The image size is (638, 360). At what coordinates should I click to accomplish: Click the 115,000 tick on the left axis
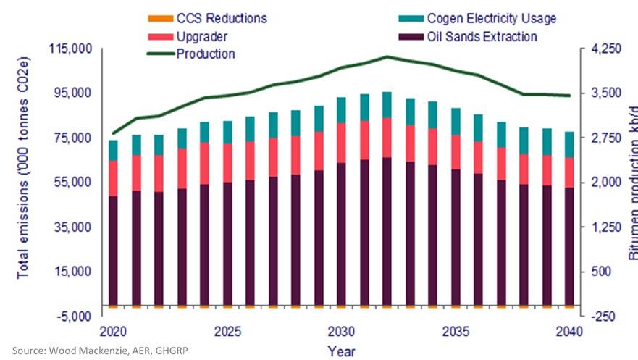point(70,49)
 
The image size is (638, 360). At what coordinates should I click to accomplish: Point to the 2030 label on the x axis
point(340,331)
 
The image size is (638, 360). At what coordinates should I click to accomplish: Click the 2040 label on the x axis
point(568,331)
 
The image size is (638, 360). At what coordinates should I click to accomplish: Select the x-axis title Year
point(340,351)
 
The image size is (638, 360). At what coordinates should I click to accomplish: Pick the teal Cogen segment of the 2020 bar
point(113,150)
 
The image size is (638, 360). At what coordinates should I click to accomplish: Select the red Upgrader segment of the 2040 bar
point(568,172)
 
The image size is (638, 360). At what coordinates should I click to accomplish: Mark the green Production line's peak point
point(387,56)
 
